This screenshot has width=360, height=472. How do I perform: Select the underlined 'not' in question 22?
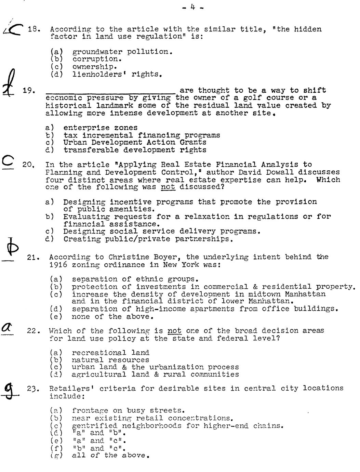[x=174, y=331]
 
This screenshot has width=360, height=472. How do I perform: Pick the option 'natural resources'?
[x=110, y=360]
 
